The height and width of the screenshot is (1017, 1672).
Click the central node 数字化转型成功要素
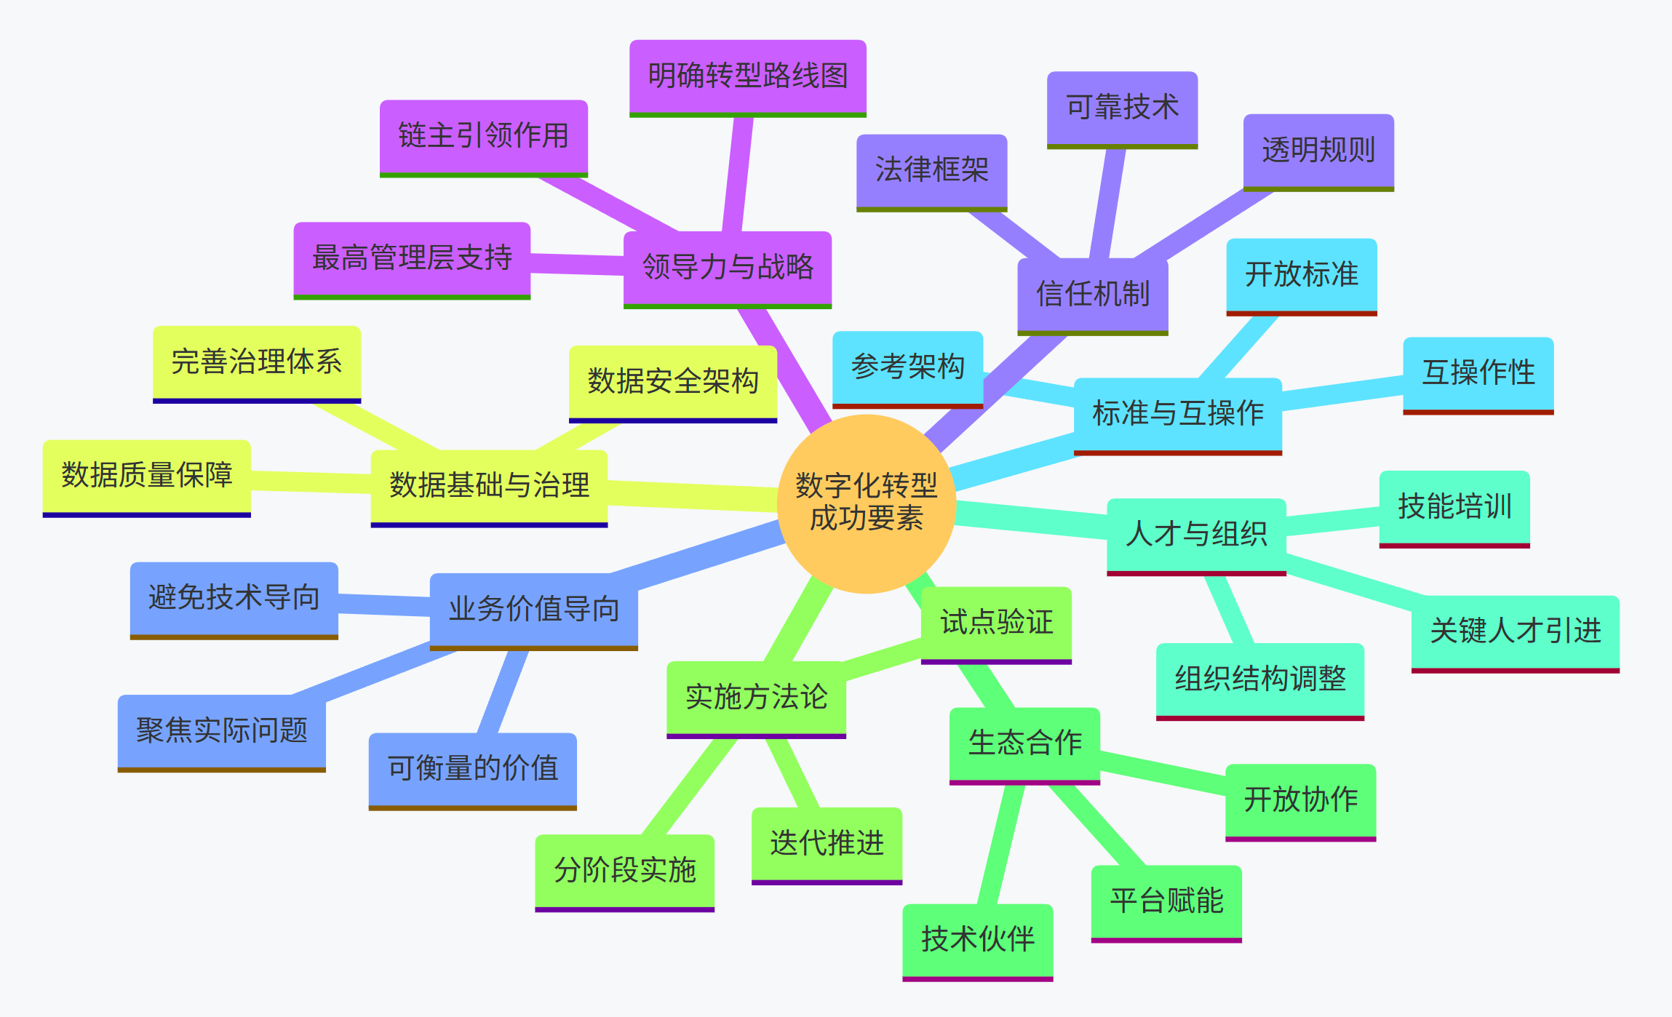click(866, 503)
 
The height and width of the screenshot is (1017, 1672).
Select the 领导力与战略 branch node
click(728, 268)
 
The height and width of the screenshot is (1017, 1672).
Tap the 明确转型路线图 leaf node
click(747, 76)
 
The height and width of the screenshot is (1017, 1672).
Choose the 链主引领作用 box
click(483, 137)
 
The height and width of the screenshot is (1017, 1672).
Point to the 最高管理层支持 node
click(412, 259)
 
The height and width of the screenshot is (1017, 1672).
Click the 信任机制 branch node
click(1092, 295)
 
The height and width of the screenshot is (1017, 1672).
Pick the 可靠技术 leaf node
click(1122, 108)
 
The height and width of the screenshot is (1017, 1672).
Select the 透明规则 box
click(1318, 151)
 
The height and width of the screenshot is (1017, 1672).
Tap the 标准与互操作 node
click(1177, 414)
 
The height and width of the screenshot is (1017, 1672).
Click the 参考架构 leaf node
click(907, 367)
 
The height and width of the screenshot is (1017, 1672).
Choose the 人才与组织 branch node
click(1196, 535)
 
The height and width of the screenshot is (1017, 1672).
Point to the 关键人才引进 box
click(1515, 631)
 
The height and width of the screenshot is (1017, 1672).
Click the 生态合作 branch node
click(1024, 744)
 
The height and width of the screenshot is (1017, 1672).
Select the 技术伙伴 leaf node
click(977, 940)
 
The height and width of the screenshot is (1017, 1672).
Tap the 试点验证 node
click(996, 623)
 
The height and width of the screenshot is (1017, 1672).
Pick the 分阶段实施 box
click(624, 871)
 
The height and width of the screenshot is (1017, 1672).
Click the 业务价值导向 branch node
click(533, 610)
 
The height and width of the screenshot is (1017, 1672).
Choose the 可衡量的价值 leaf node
click(472, 769)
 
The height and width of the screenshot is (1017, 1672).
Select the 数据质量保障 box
click(146, 476)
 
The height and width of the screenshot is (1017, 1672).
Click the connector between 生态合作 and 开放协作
click(1163, 775)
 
